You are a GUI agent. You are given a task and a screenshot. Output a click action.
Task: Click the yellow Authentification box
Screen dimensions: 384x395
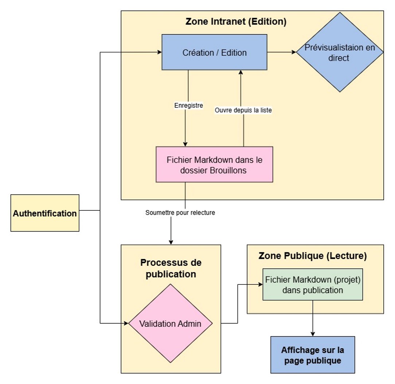point(45,213)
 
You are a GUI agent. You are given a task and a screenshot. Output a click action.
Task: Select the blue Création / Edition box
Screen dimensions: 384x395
point(214,53)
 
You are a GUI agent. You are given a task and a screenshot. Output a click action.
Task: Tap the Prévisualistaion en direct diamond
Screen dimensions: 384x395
point(339,53)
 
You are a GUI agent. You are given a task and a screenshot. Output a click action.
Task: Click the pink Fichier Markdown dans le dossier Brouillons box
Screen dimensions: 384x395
point(214,164)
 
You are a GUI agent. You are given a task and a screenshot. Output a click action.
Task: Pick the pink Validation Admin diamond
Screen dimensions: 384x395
point(171,323)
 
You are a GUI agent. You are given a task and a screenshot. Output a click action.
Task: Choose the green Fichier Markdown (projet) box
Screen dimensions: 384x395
point(313,284)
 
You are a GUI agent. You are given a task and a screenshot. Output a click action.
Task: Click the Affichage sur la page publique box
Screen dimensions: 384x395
point(313,355)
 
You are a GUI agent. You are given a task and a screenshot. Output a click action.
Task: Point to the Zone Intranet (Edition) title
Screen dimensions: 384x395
point(236,22)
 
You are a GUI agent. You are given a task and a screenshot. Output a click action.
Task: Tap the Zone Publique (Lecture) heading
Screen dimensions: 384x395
point(313,256)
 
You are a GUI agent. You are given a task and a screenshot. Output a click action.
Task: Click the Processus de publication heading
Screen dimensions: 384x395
point(171,268)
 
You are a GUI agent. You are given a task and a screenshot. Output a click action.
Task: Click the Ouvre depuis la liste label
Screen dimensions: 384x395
point(243,110)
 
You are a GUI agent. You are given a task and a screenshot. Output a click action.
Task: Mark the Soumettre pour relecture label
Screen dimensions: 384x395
point(180,213)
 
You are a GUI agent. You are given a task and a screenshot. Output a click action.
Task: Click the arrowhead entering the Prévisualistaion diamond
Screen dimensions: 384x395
point(294,53)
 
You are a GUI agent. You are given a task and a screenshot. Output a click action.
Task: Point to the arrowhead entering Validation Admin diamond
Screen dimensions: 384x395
point(126,323)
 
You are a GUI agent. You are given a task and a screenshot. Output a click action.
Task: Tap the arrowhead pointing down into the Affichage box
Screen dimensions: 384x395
point(313,334)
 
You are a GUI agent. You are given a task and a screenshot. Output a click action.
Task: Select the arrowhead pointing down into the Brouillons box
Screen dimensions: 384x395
point(185,144)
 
